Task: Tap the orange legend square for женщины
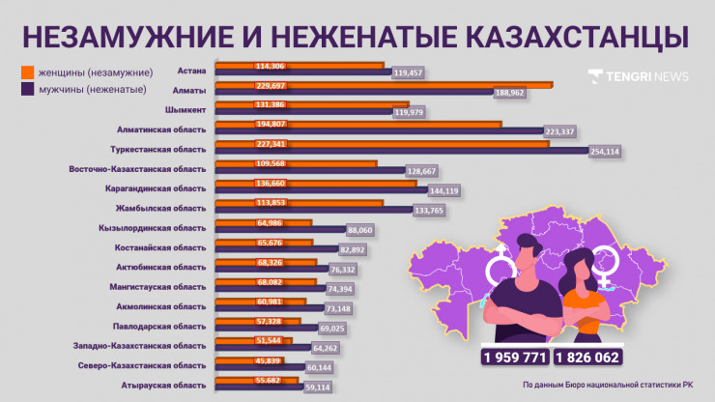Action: [x=27, y=72]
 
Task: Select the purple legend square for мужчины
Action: [x=27, y=89]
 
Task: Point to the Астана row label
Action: [x=192, y=69]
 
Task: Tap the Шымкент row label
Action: [x=186, y=109]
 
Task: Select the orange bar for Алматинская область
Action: [x=357, y=124]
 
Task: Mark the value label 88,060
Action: [x=359, y=230]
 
